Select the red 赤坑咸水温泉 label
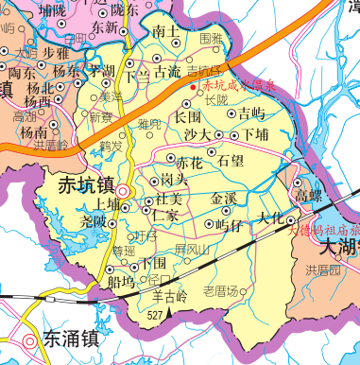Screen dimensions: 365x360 coord(232,86)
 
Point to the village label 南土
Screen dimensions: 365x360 coord(164,31)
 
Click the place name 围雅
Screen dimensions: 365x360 coord(212,39)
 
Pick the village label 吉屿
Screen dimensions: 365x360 coord(251,114)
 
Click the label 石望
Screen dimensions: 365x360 coord(231,161)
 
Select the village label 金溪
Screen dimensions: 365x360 coord(224,199)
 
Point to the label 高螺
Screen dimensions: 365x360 coord(309,195)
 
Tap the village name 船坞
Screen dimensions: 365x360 coord(121,281)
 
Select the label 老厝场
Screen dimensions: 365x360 coord(221,290)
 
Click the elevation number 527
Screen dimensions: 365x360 coord(156,314)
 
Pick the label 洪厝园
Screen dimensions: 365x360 coord(322,270)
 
